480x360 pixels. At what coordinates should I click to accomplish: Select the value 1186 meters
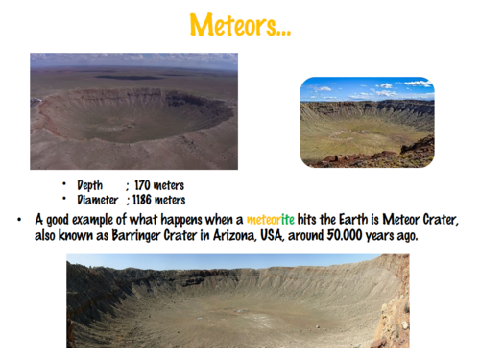[159, 200]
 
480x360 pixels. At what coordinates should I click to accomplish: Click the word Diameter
[97, 200]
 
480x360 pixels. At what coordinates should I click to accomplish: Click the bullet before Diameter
[64, 200]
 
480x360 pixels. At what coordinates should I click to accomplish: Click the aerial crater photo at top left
[133, 110]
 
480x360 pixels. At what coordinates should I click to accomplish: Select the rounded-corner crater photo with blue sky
[367, 122]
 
